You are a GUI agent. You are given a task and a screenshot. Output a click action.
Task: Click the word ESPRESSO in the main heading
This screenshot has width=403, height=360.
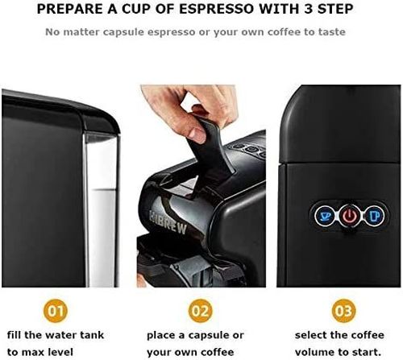216,9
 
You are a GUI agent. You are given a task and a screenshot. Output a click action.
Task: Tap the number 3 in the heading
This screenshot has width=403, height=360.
309,9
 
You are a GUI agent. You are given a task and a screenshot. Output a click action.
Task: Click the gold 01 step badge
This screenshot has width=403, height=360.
56,311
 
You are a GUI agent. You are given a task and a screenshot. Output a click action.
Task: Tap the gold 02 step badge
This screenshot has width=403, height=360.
200,311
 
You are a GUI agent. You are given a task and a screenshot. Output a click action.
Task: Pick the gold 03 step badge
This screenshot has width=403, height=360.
343,311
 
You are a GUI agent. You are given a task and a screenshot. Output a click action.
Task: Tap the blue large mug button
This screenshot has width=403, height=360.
374,215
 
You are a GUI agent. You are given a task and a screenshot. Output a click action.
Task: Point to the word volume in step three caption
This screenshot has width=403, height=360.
313,352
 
